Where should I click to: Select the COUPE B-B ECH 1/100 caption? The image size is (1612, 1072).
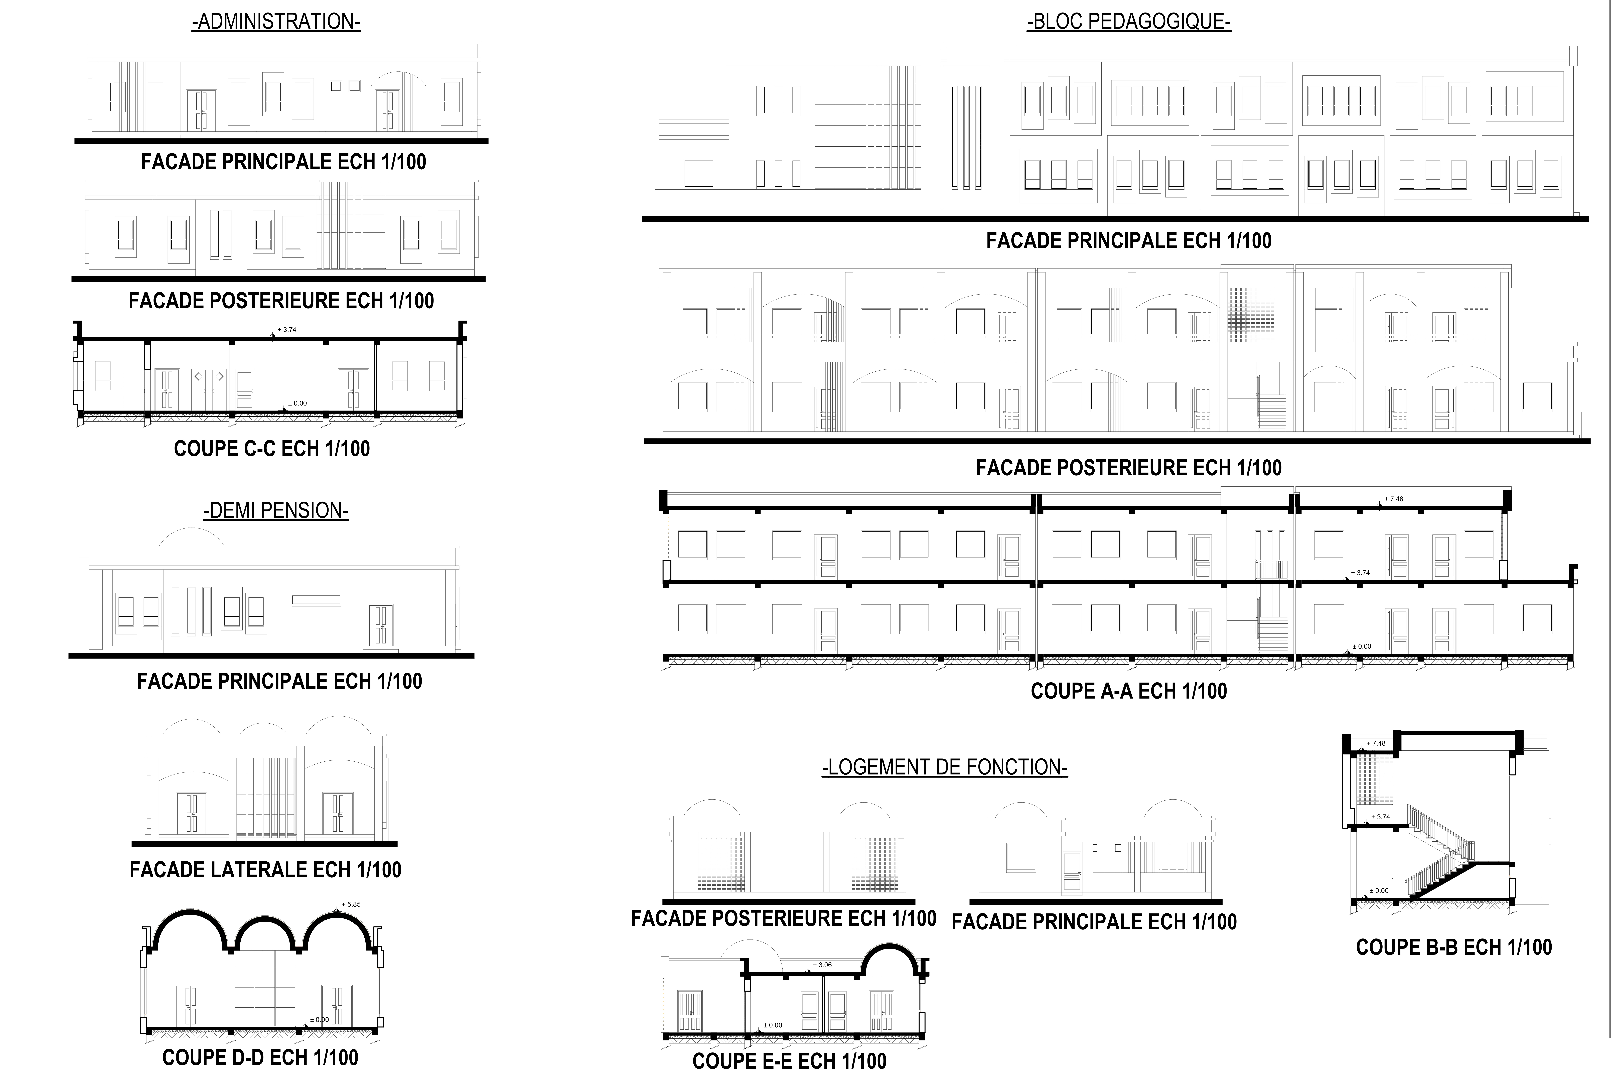(x=1453, y=948)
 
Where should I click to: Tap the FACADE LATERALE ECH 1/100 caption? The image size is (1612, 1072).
(x=265, y=870)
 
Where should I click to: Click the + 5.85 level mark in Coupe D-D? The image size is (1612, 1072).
(x=351, y=904)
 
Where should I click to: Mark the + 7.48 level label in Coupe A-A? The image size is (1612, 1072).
(x=1393, y=499)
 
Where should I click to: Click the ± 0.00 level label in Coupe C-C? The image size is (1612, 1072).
(x=297, y=403)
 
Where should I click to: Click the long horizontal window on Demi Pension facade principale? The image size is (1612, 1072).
(x=316, y=601)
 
